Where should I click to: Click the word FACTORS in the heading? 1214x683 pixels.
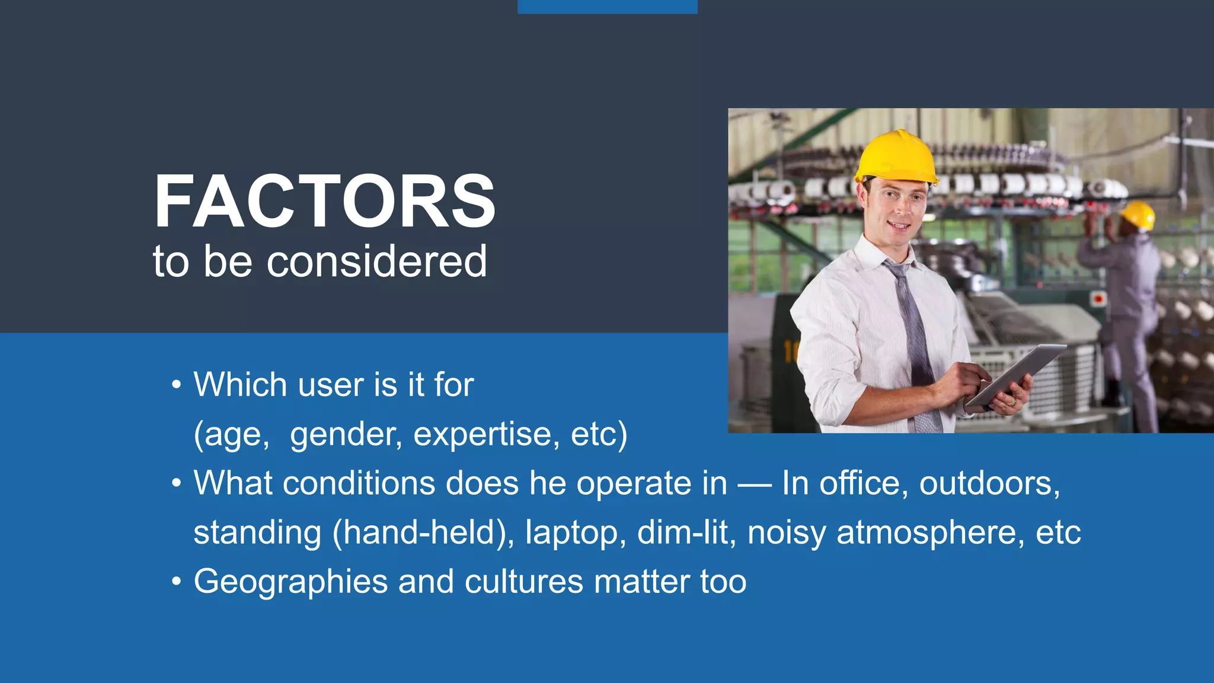[325, 202]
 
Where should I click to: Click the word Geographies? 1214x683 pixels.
[290, 582]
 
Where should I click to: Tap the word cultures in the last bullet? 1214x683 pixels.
[524, 582]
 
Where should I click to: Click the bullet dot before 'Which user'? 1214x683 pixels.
[176, 385]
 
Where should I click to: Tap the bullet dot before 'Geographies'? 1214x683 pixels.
[176, 582]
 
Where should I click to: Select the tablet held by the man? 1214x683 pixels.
[1017, 374]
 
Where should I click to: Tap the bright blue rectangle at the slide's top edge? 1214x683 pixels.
[607, 7]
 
